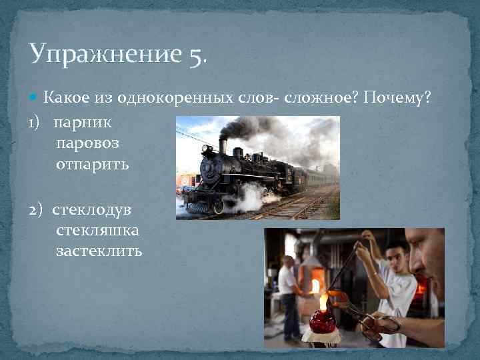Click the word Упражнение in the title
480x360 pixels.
coord(105,54)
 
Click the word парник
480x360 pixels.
coord(83,123)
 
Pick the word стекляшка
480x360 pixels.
coord(97,231)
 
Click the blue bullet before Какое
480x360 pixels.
coord(35,99)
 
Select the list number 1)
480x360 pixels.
coord(37,123)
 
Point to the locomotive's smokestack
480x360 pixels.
coord(223,145)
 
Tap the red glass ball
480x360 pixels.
coord(323,321)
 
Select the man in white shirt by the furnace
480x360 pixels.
coord(289,293)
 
